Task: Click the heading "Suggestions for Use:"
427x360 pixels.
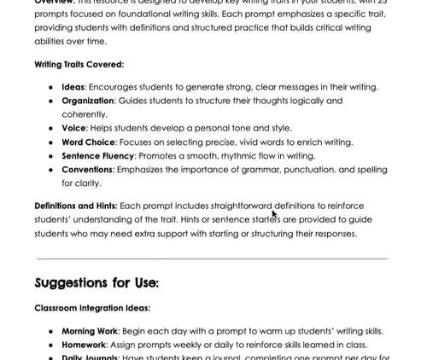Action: click(x=97, y=282)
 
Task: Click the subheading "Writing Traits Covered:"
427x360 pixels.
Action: click(x=79, y=64)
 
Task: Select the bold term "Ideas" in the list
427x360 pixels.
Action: click(x=73, y=87)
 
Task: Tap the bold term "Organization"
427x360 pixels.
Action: click(x=88, y=101)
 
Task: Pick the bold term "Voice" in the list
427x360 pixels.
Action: click(x=73, y=128)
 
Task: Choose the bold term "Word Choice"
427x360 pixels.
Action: click(x=90, y=142)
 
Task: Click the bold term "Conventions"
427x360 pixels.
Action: click(x=87, y=170)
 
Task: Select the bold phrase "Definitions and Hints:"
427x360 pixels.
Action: click(x=76, y=206)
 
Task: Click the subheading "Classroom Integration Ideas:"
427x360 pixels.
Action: click(x=92, y=308)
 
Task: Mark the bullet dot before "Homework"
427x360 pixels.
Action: click(x=52, y=345)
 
